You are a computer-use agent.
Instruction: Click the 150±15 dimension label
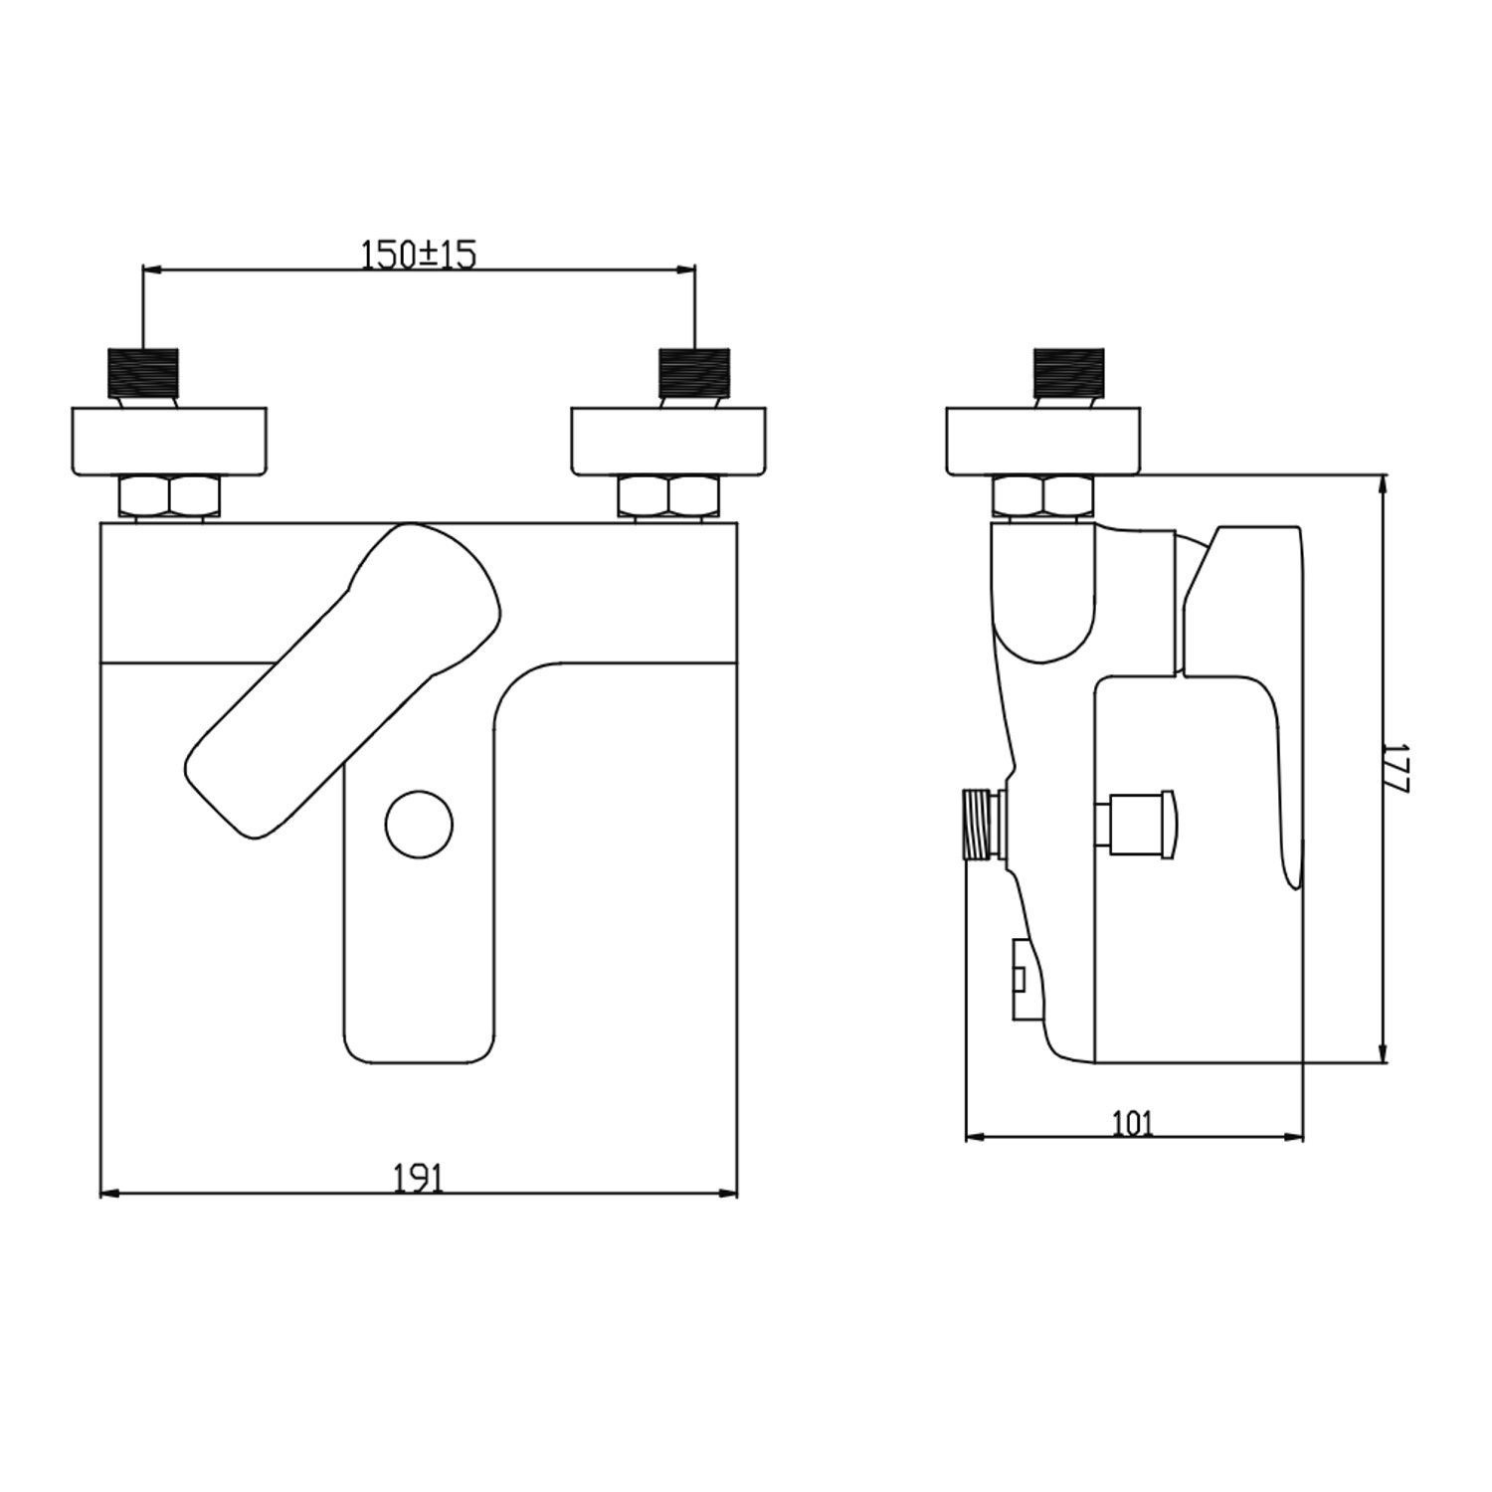coord(419,256)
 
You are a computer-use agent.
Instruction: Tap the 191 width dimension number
coord(418,1179)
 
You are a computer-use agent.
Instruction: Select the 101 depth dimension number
coord(1133,1124)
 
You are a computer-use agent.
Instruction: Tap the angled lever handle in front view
coord(343,682)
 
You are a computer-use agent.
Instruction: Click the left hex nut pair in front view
coord(170,496)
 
